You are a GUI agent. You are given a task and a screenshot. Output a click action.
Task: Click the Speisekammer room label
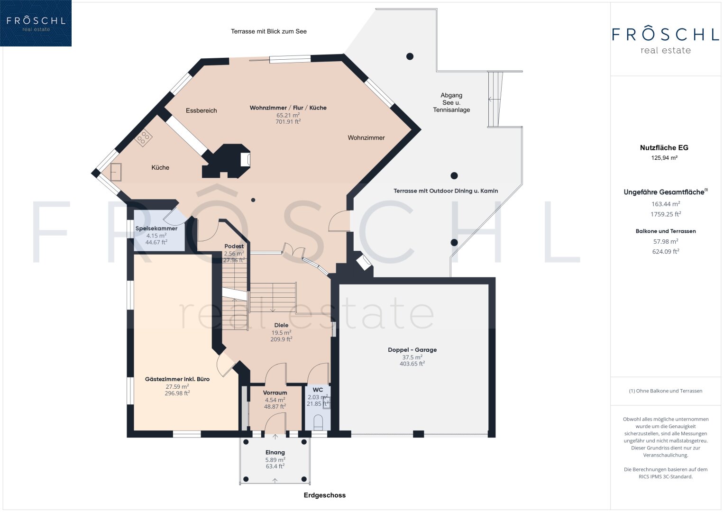(156, 228)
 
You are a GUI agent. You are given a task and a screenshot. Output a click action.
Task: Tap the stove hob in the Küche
(143, 138)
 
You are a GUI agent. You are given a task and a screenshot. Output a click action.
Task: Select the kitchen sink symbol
(116, 172)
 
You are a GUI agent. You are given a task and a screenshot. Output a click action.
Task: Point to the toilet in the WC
(318, 422)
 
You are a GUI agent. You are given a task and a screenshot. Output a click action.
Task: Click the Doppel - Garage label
(412, 350)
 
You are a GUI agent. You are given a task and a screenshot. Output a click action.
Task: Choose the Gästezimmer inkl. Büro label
(177, 379)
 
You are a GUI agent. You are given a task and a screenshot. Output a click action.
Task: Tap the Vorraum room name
(275, 393)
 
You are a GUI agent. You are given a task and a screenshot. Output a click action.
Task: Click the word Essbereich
(202, 110)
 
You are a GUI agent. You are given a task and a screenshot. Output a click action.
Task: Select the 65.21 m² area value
(288, 115)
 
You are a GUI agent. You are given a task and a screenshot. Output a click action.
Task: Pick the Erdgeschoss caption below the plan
(324, 495)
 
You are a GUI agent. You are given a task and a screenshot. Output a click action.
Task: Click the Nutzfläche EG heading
(664, 148)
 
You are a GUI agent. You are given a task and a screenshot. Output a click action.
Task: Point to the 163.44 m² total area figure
(666, 204)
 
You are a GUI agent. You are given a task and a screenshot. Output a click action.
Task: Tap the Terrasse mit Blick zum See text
(268, 31)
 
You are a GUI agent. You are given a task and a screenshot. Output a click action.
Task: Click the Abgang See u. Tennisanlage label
(451, 102)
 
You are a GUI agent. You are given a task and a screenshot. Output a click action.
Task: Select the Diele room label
(281, 325)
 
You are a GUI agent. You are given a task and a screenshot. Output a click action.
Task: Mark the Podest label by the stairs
(234, 247)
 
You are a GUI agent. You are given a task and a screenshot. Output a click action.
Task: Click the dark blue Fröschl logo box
(36, 23)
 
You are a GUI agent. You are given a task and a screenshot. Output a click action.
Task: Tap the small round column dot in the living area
(253, 200)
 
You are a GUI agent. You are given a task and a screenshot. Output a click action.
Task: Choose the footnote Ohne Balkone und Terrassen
(666, 391)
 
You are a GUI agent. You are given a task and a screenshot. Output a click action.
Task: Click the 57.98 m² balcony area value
(666, 241)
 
